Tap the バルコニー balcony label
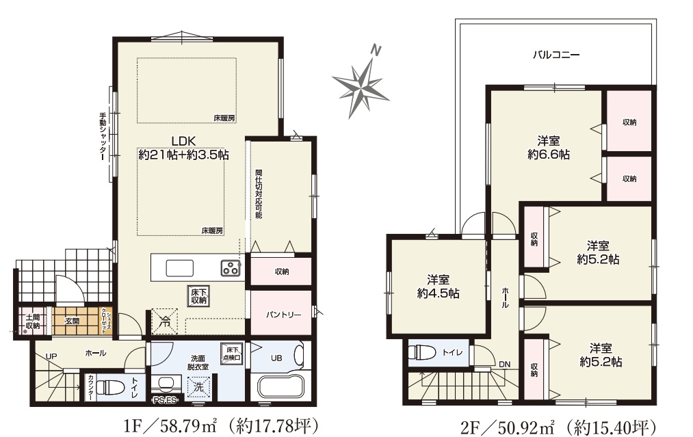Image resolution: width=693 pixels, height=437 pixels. tap(556, 55)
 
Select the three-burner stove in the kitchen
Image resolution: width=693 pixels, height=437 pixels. tap(231, 267)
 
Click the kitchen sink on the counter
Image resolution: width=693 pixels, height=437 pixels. tap(179, 268)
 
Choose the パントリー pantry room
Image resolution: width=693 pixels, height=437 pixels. tap(281, 313)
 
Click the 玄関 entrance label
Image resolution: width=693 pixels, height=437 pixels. tap(72, 321)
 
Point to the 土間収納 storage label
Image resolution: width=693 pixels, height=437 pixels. tap(32, 321)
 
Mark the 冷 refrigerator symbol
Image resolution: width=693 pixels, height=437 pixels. tap(164, 321)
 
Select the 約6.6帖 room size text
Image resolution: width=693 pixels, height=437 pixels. tap(548, 155)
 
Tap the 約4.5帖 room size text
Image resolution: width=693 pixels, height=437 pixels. tap(438, 293)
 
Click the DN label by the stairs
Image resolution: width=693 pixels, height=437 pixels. tap(504, 365)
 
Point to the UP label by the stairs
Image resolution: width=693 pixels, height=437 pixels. tap(51, 356)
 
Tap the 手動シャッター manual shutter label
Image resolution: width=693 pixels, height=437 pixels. tap(103, 136)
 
